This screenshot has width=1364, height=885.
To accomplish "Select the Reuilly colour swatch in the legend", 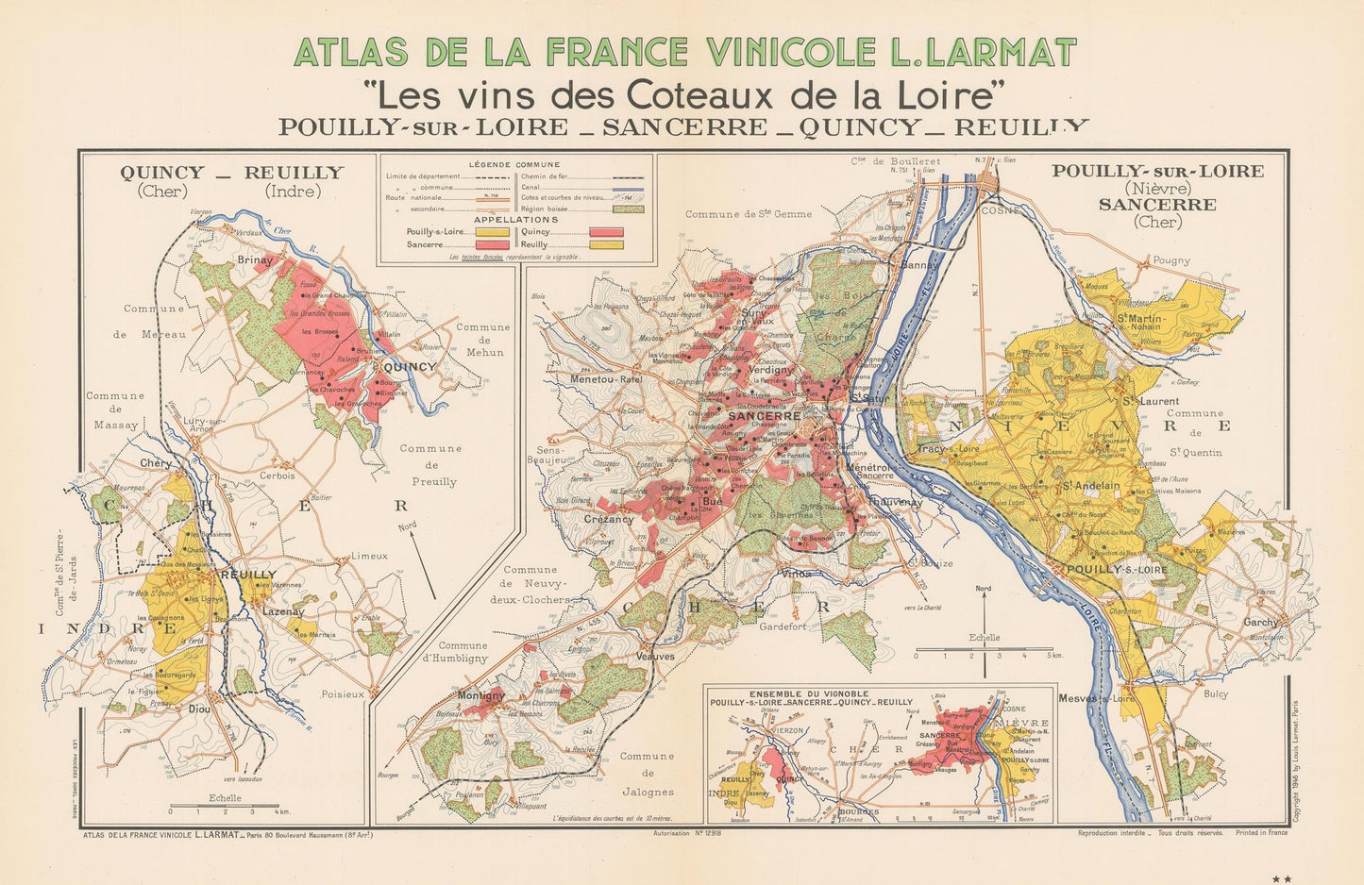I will click(x=607, y=244).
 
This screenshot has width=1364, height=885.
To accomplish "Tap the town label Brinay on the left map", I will click(x=255, y=259).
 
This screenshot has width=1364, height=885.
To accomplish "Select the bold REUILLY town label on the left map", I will click(x=246, y=574).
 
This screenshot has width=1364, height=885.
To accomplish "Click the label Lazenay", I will click(x=282, y=611).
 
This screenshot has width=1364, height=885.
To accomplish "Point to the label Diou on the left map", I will click(x=200, y=710).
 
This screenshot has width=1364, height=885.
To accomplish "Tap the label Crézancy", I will click(x=609, y=519).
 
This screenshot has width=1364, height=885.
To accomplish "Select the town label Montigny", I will click(x=481, y=695).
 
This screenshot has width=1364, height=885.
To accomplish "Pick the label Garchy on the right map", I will click(x=1260, y=622).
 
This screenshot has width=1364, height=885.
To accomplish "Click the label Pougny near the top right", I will click(x=1171, y=260).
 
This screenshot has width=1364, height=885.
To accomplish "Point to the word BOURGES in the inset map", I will click(x=857, y=811).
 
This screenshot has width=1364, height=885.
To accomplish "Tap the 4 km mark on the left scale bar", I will click(x=280, y=811).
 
